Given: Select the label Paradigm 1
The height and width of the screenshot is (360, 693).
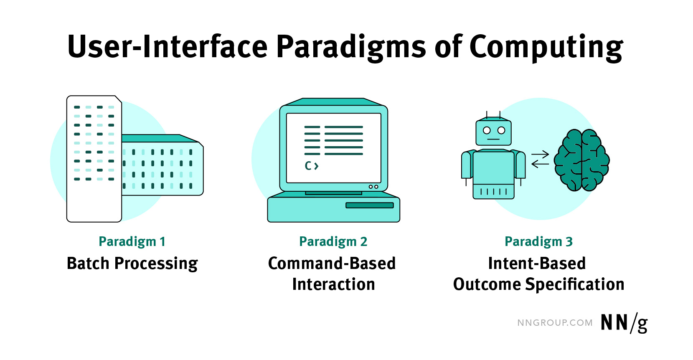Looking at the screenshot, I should (x=132, y=241).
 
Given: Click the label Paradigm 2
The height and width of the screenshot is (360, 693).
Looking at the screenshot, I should (x=333, y=241).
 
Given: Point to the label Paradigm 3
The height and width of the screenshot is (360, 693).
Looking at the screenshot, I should (x=538, y=241).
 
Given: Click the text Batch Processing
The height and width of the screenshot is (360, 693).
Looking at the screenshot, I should (x=132, y=264).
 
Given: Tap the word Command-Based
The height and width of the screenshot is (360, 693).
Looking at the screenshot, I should (x=332, y=264).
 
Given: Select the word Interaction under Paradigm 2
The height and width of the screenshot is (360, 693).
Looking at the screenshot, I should (x=333, y=284).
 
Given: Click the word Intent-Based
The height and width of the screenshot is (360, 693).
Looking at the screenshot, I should (x=537, y=264).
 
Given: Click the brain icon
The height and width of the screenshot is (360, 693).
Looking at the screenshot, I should (x=581, y=160).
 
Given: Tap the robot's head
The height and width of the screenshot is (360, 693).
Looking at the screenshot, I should (x=493, y=132).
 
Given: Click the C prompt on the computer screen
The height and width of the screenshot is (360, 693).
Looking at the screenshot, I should (x=311, y=166).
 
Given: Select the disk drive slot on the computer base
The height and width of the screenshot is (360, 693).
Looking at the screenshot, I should (x=369, y=205).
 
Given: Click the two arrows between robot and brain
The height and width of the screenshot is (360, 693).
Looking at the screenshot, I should (x=540, y=160).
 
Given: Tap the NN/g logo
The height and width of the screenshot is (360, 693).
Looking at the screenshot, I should (x=624, y=323).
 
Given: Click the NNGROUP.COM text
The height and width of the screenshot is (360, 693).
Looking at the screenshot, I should (x=555, y=323).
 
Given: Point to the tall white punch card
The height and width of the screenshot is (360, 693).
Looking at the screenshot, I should (x=94, y=159).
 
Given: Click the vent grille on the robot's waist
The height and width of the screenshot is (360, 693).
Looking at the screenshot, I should (x=493, y=192).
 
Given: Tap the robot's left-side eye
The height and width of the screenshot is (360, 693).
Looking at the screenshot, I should (x=487, y=130).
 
